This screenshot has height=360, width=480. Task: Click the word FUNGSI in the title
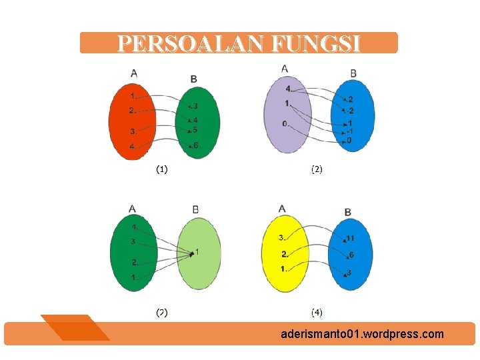pos(316,44)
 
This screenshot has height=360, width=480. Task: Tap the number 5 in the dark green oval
pos(195,130)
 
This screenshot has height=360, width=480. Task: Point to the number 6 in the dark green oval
pos(195,145)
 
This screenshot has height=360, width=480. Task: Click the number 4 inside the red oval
pos(132,145)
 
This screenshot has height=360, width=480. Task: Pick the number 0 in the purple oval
pos(285,124)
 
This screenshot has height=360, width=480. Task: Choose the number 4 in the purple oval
pos(287,89)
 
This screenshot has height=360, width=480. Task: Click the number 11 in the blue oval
pos(351,238)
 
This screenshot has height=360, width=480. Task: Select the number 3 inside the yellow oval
pos(282,237)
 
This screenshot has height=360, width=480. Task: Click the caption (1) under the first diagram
pos(162,169)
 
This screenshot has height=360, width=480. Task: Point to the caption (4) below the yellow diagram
pos(317,312)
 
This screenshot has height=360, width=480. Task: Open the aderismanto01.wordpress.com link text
pos(362,334)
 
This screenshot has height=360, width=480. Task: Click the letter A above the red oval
pos(134,73)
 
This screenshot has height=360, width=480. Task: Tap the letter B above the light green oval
pos(195,209)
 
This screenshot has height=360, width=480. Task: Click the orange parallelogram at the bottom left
pos(75,327)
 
